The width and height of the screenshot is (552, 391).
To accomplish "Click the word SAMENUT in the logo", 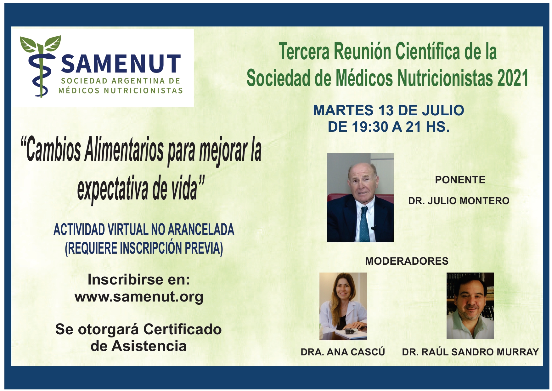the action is tap(121, 64).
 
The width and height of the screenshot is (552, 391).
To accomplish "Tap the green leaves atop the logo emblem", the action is tap(40, 44).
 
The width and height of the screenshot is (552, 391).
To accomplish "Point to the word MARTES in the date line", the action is tap(343, 110).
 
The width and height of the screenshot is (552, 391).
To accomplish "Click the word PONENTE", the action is tap(460, 180).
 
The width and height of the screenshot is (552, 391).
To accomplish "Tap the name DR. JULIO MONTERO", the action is tap(459, 201).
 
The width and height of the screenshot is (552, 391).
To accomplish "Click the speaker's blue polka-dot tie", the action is tap(364, 224).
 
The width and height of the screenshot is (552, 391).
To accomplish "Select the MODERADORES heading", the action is tap(407, 261).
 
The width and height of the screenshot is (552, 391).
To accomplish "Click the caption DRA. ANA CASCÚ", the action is tap(343, 352).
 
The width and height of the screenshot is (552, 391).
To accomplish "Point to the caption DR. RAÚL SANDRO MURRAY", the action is tap(470, 352).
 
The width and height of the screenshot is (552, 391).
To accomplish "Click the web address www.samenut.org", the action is tap(139, 297).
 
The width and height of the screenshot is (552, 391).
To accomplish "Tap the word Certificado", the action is tap(183, 329).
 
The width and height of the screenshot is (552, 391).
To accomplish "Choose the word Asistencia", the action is tap(149, 346).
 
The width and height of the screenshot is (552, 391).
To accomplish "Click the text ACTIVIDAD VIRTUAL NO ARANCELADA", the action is tap(144, 230).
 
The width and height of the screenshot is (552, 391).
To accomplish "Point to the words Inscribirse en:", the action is tap(139, 279).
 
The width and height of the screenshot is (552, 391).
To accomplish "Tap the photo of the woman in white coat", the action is tap(343, 306).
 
